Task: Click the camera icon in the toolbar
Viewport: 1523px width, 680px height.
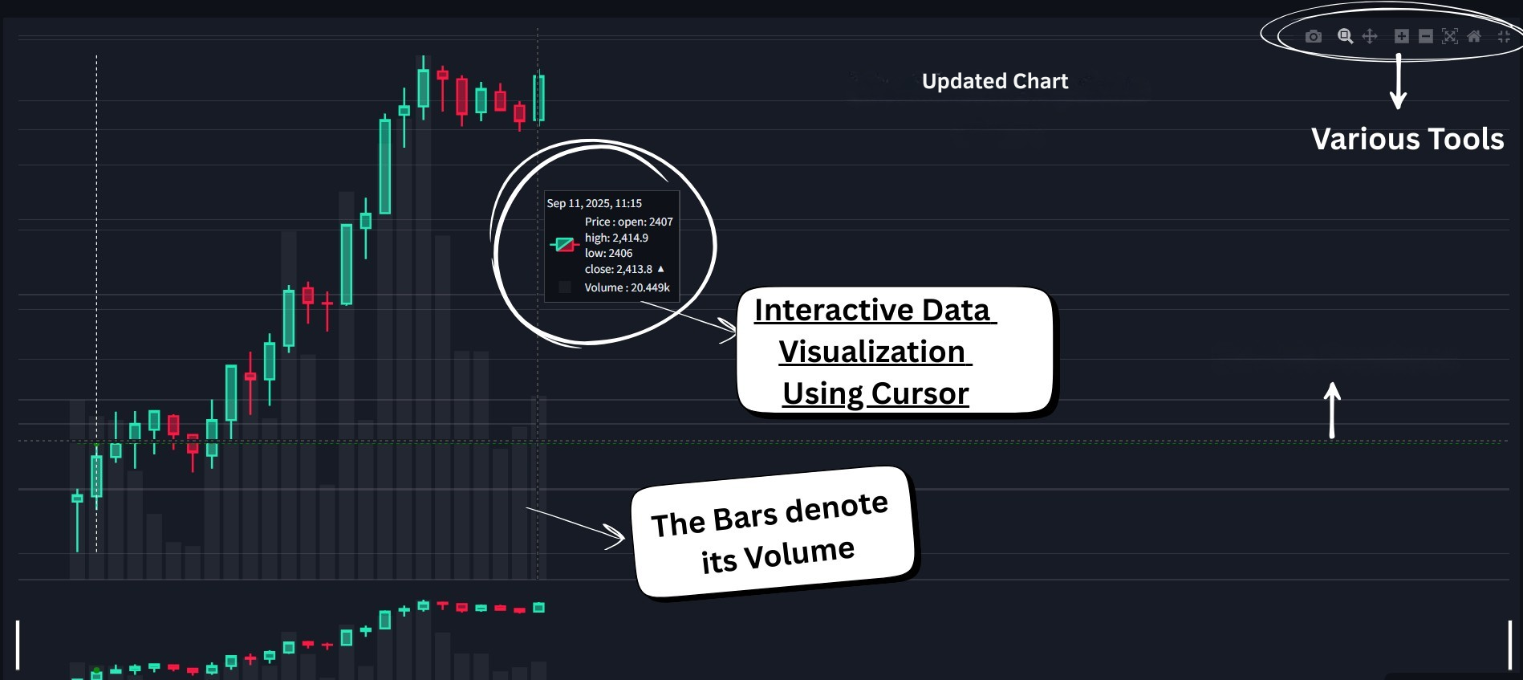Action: tap(1314, 36)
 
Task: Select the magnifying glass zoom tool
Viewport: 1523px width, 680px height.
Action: tap(1346, 36)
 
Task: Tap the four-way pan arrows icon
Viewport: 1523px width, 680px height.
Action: tap(1370, 36)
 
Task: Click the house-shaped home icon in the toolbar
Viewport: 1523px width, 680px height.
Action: tap(1474, 36)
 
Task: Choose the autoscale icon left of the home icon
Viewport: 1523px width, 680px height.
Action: tap(1450, 36)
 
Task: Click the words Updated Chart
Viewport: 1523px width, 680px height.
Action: tap(995, 81)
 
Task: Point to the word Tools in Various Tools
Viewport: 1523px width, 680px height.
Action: tap(1459, 139)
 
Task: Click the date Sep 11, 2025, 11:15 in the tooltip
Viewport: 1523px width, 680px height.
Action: tap(594, 203)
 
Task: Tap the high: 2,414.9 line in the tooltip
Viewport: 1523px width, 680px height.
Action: tap(616, 238)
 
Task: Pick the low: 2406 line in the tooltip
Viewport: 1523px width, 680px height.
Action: tap(608, 253)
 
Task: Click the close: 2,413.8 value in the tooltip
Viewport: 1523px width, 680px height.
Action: tap(619, 269)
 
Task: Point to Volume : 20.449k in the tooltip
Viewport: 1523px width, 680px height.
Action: tap(627, 287)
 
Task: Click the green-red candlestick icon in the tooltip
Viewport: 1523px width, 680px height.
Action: tap(565, 244)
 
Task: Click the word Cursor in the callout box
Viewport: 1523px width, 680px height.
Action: tap(920, 393)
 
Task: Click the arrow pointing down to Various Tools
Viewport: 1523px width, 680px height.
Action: tap(1398, 81)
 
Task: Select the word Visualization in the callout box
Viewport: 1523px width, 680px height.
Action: tap(872, 352)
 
